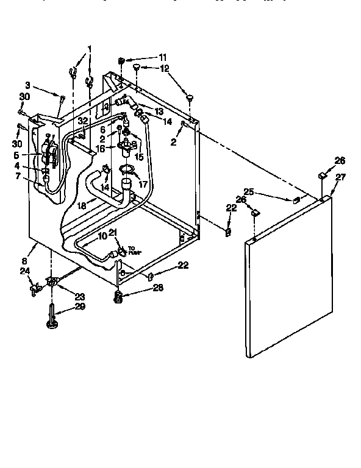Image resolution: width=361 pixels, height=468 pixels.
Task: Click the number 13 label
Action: pos(159,111)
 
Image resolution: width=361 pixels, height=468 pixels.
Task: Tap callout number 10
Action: pos(102,236)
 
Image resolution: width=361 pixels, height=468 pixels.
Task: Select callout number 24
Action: pos(24,272)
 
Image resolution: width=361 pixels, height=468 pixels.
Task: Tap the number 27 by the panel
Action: pos(340,177)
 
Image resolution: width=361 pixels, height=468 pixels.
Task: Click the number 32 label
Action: pos(84,121)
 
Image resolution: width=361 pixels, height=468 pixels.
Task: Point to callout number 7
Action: pos(18,176)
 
